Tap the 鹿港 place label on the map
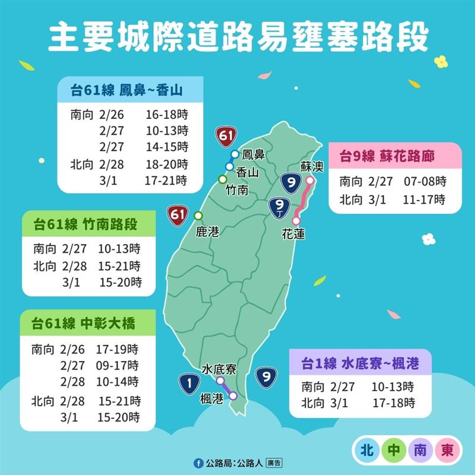[x=207, y=232]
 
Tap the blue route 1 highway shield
[x=189, y=385]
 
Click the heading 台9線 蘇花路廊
[x=387, y=157]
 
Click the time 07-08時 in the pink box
[x=426, y=182]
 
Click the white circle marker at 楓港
[x=233, y=395]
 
